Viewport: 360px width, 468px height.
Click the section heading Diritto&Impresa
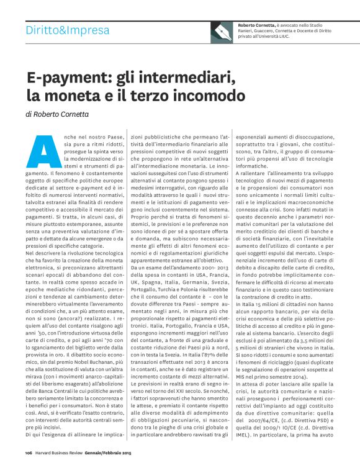click(x=65, y=30)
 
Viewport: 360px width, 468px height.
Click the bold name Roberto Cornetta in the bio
click(x=258, y=24)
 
